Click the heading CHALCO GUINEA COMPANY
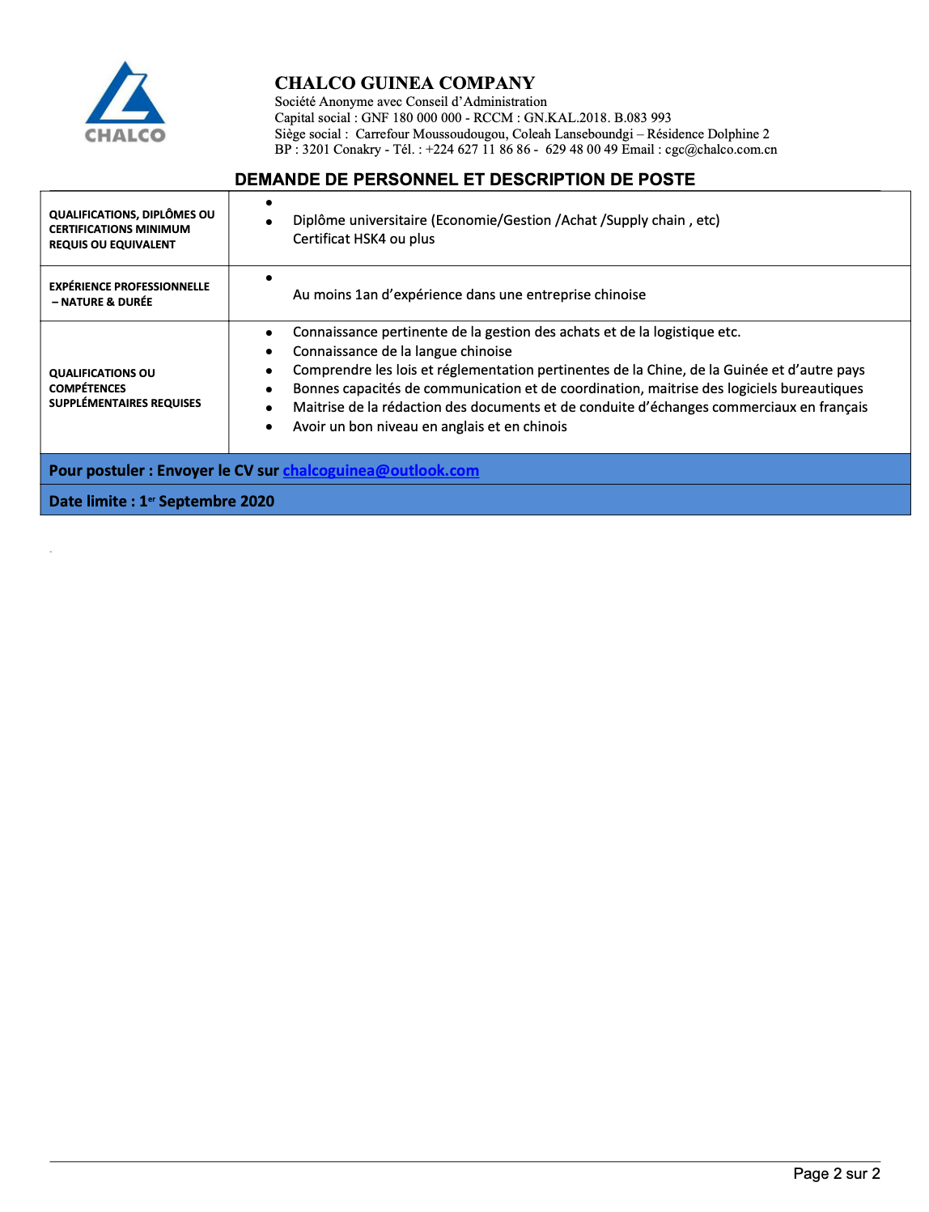tap(405, 83)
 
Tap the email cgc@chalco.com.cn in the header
tap(721, 149)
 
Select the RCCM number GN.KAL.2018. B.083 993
tap(597, 117)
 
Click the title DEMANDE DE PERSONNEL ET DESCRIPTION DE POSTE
tap(464, 179)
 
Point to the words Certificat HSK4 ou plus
tap(363, 239)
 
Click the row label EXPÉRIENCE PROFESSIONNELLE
tap(129, 286)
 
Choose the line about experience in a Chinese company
tap(469, 295)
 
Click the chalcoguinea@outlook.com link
tap(380, 470)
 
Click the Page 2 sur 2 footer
tap(836, 1173)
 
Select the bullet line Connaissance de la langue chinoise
tap(402, 351)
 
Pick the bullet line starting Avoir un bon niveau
tap(430, 426)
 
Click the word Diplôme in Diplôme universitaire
tap(319, 220)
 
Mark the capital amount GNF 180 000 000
tap(411, 117)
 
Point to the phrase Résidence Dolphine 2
tap(708, 133)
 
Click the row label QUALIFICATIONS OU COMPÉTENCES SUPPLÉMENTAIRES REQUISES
tap(125, 388)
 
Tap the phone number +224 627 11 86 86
tap(477, 149)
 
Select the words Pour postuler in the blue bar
tap(96, 470)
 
